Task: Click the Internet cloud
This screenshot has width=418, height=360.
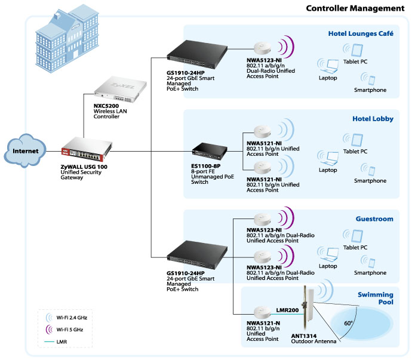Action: click(25, 150)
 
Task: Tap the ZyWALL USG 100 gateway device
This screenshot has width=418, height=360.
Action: click(87, 149)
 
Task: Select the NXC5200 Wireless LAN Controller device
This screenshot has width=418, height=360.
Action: click(120, 90)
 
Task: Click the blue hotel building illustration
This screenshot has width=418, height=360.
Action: click(67, 38)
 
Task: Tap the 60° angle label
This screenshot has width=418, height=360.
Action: click(348, 323)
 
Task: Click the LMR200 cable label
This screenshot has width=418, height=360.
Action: click(287, 310)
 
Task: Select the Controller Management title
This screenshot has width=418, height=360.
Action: click(355, 8)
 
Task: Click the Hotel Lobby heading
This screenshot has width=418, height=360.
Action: click(373, 119)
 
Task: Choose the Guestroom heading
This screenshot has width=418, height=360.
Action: click(374, 219)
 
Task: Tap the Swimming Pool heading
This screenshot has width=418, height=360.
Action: click(376, 298)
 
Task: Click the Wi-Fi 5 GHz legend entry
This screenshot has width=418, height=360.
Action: click(64, 330)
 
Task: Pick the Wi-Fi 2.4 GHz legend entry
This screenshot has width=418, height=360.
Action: click(66, 318)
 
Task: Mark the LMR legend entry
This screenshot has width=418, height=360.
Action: click(56, 341)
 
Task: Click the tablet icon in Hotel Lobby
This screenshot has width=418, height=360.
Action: click(354, 140)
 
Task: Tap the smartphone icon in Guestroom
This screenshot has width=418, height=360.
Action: click(368, 261)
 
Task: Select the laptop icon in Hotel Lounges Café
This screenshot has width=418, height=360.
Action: click(328, 66)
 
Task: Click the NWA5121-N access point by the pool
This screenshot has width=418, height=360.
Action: click(262, 313)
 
